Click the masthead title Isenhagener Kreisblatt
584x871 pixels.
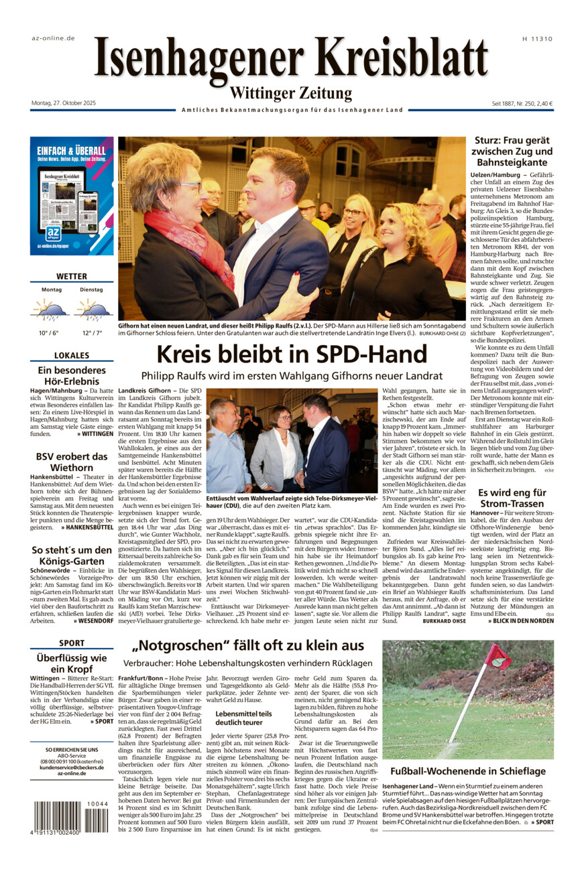pos(291,59)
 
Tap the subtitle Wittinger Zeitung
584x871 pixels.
pos(291,93)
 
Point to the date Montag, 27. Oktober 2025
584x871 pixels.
pos(64,103)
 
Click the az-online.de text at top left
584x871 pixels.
pos(53,38)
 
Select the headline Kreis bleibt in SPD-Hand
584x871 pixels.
pos(292,354)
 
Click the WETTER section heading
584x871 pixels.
pos(72,276)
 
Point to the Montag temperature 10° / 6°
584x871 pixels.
pos(48,333)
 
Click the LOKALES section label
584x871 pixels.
pos(72,355)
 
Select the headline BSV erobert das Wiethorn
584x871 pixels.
pos(72,462)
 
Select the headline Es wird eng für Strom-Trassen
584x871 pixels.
pos(512,497)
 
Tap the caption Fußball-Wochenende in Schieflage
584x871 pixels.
pos(468,771)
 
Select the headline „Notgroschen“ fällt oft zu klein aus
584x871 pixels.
pos(248,646)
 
